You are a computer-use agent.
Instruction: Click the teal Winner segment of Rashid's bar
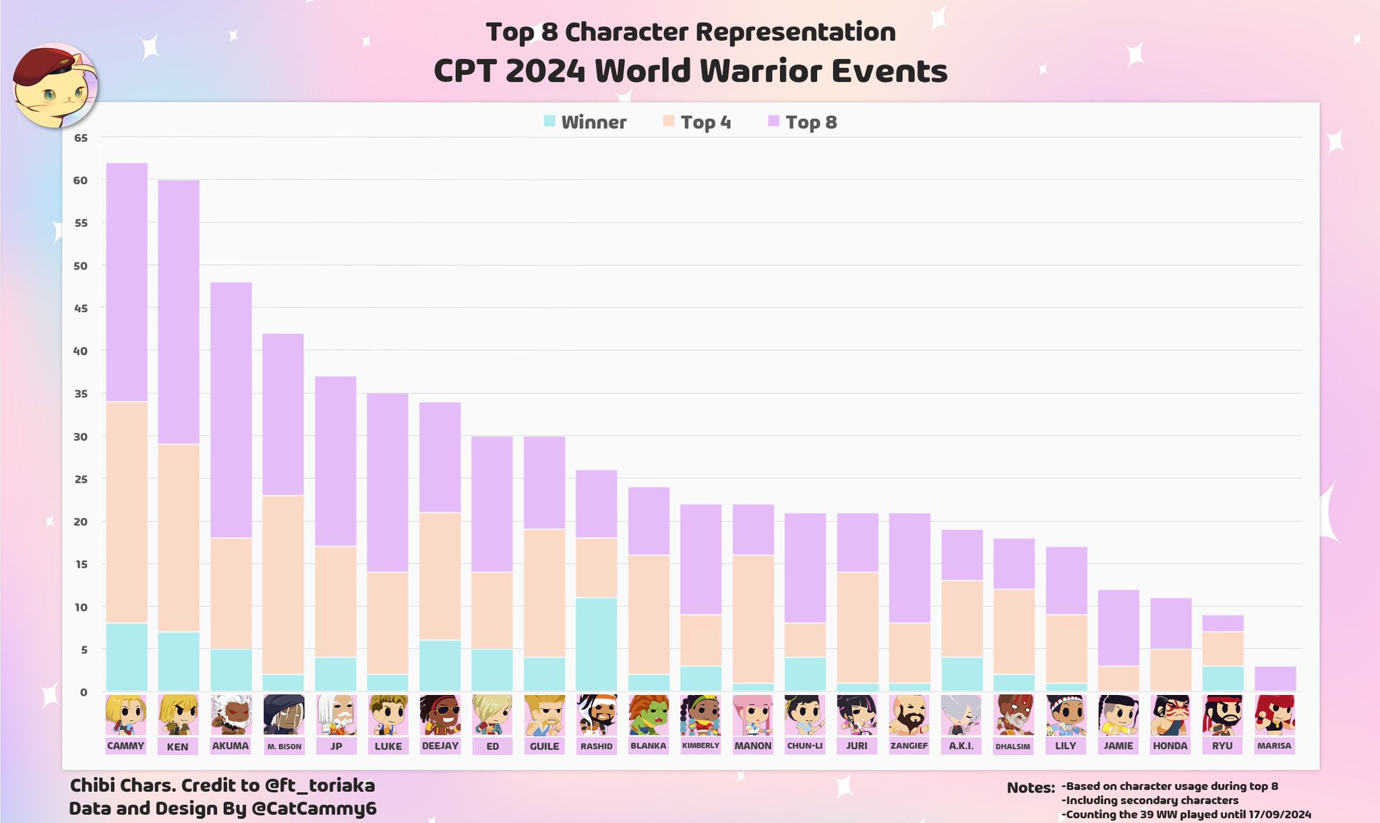tap(597, 644)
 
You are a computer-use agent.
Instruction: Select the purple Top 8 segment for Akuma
tap(231, 410)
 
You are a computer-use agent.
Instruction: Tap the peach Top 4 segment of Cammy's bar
tap(127, 512)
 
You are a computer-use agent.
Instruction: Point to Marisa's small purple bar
tap(1275, 679)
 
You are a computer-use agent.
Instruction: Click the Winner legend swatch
tap(549, 122)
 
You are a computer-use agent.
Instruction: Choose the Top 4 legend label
tap(705, 123)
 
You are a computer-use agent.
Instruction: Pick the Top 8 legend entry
tap(811, 123)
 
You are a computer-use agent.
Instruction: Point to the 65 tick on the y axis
tap(81, 138)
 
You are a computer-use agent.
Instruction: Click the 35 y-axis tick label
tap(81, 394)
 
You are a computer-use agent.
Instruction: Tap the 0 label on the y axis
tap(84, 692)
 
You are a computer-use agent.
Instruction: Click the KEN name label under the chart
tap(178, 746)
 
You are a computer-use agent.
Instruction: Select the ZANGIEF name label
tap(909, 746)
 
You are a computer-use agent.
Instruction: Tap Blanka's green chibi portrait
tap(649, 714)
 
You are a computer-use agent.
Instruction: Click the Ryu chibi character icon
tap(1222, 714)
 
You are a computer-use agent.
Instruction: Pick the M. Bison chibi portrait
tap(284, 714)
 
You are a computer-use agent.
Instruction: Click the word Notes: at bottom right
tap(1030, 788)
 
